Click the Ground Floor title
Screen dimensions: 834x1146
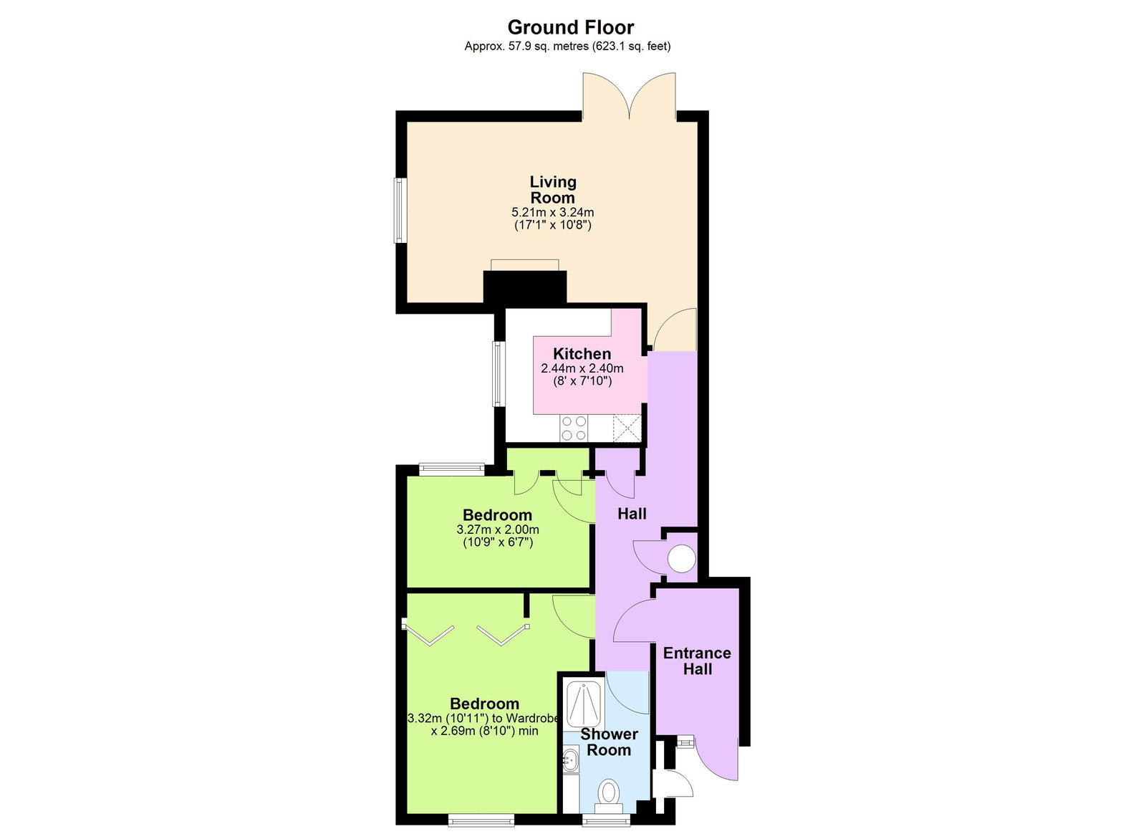tap(570, 27)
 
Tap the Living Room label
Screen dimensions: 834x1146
tap(552, 190)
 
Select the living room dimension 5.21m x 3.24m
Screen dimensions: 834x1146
tap(552, 212)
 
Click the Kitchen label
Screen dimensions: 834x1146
tap(582, 353)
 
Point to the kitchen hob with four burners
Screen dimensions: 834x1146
tap(574, 428)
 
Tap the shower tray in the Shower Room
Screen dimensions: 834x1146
tap(583, 704)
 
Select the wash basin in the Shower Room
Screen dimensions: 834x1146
tap(571, 759)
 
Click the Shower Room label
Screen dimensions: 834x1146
tap(609, 742)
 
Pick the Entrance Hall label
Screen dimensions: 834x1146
tap(697, 661)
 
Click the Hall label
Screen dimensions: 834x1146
tap(632, 514)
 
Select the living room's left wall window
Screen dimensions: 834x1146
tap(400, 211)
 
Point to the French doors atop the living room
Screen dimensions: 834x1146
tap(629, 97)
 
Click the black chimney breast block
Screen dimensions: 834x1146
tap(525, 287)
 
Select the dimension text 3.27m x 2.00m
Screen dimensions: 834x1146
tap(498, 529)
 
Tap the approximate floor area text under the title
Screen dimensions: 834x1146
tap(567, 47)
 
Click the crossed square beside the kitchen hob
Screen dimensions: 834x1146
tap(627, 428)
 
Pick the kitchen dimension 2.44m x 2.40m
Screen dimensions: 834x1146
tap(582, 368)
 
